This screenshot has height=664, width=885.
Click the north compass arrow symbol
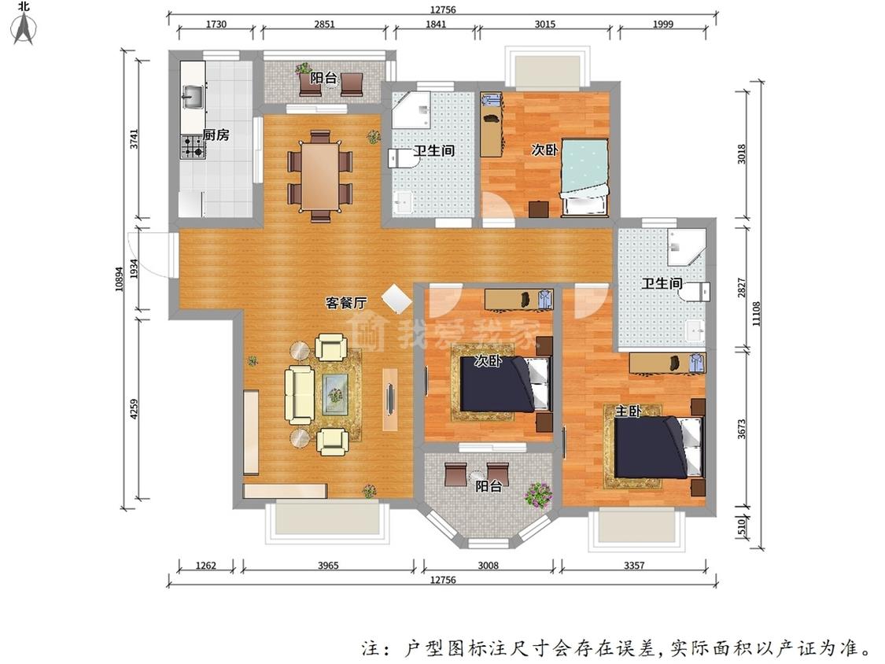[x=24, y=28]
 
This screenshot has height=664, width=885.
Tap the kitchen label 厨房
[x=216, y=135]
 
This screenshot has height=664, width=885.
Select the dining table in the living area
[x=320, y=175]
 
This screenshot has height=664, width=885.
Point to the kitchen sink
[x=193, y=96]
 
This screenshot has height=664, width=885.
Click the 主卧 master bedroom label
[x=628, y=411]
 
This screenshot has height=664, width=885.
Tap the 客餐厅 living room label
[x=346, y=303]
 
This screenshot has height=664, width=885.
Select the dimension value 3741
[x=134, y=139]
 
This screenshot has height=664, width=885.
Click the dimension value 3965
[x=328, y=565]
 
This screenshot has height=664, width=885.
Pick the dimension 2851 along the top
[x=325, y=24]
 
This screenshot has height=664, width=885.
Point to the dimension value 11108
[x=756, y=313]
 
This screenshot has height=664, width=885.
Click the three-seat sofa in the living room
[x=299, y=395]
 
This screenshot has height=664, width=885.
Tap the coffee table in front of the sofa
[x=335, y=394]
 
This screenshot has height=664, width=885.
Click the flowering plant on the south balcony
[x=538, y=495]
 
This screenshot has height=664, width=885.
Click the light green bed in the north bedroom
[x=584, y=177]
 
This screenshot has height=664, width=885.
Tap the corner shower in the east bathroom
[x=687, y=247]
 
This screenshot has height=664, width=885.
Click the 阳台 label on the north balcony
[x=323, y=78]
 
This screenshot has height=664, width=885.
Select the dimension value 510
[x=742, y=527]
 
